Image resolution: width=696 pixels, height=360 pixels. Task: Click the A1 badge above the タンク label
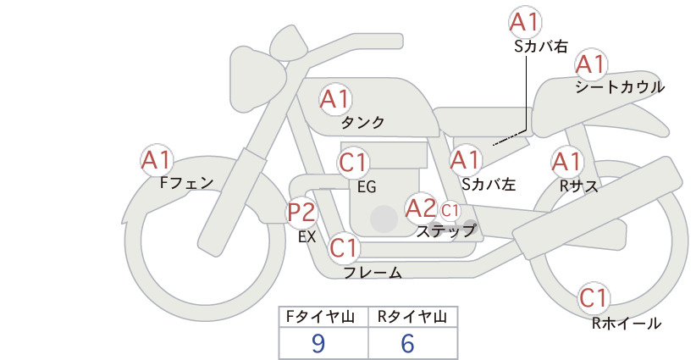coord(335,99)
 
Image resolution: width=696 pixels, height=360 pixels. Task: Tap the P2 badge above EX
coord(301,212)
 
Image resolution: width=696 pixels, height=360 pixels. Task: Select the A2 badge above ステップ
coord(421,208)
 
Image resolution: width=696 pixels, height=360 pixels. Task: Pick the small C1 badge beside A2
coord(450,210)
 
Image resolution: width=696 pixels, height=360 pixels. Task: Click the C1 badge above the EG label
coord(353,163)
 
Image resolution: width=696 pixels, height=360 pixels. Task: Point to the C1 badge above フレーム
coord(345,247)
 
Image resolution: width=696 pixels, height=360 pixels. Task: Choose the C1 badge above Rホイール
coord(594,298)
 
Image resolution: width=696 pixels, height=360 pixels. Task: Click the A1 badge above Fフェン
coord(157,160)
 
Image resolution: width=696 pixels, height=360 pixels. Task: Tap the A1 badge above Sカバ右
coord(525,22)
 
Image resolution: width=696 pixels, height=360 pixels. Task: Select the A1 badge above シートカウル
coord(591,64)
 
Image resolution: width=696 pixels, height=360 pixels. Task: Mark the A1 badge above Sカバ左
coord(466,160)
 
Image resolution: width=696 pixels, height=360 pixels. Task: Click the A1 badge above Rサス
coord(566,162)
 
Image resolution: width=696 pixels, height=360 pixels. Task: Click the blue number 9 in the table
coord(318,343)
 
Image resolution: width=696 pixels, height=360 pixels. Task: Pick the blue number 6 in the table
coord(407,343)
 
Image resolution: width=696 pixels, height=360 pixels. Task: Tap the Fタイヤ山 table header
coord(320,317)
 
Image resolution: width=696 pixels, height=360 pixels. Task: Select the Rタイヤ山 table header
coord(412,317)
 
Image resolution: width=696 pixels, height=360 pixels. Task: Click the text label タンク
coord(362,123)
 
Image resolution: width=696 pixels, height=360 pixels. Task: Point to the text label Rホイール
coord(627,324)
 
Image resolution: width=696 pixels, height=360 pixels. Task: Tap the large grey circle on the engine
coord(384,219)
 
